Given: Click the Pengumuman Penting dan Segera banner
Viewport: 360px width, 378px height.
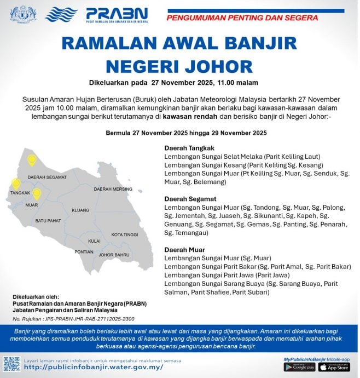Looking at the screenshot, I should (242, 18).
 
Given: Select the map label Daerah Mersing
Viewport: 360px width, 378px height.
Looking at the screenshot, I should (113, 189).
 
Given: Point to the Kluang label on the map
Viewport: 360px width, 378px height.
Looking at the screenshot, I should (80, 210).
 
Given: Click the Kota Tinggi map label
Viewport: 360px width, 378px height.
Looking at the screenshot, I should (124, 234).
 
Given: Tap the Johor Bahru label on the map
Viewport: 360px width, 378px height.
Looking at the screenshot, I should (114, 255).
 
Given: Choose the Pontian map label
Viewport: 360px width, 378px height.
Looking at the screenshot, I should (84, 252).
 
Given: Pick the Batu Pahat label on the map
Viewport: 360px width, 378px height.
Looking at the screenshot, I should (49, 220).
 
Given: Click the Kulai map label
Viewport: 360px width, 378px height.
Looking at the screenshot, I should (94, 240).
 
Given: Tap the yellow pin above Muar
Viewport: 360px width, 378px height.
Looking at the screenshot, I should (37, 193).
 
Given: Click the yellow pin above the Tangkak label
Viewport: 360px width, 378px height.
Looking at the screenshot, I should (16, 184).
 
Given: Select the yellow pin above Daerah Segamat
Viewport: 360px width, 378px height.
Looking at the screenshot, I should (32, 160).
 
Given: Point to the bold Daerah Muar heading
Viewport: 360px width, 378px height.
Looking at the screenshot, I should (184, 249).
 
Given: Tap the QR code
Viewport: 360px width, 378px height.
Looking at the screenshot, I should (11, 364).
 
